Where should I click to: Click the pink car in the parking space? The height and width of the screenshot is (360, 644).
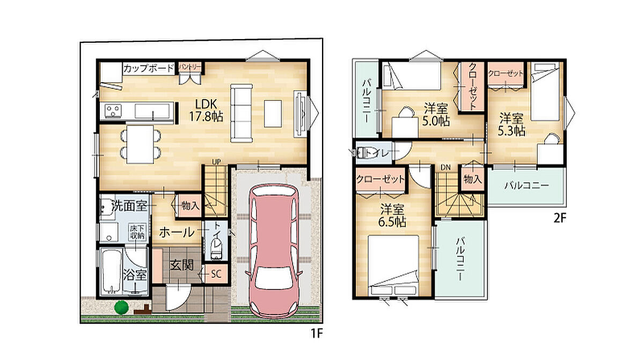tap(274, 251)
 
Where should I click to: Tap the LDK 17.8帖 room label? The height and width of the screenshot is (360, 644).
tap(206, 111)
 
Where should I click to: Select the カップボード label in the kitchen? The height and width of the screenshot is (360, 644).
tap(149, 69)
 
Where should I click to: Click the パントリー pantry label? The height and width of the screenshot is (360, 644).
tap(190, 67)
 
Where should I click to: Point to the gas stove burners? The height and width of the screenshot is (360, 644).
tap(113, 111)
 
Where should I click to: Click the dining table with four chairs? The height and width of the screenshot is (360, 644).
tap(140, 144)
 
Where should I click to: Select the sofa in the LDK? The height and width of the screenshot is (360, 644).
tap(241, 113)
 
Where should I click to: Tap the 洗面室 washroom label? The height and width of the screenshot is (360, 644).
tap(129, 205)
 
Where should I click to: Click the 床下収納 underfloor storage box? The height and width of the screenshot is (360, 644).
tap(137, 232)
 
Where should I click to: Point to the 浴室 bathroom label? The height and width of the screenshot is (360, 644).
tap(135, 275)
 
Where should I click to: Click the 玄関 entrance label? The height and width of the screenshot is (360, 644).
tap(182, 266)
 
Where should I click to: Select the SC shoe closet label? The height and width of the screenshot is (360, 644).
tap(216, 274)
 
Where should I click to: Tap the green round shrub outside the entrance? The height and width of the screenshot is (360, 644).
tap(121, 307)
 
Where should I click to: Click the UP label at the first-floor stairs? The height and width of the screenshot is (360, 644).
tap(216, 162)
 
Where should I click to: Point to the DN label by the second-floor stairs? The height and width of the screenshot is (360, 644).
tap(445, 167)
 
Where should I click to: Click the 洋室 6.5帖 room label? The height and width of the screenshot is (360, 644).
tap(392, 216)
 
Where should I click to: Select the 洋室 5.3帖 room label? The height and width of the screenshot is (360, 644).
tap(511, 124)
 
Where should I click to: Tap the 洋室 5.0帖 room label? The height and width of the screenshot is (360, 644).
tap(436, 115)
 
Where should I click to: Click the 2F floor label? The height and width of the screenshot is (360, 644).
tap(559, 219)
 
